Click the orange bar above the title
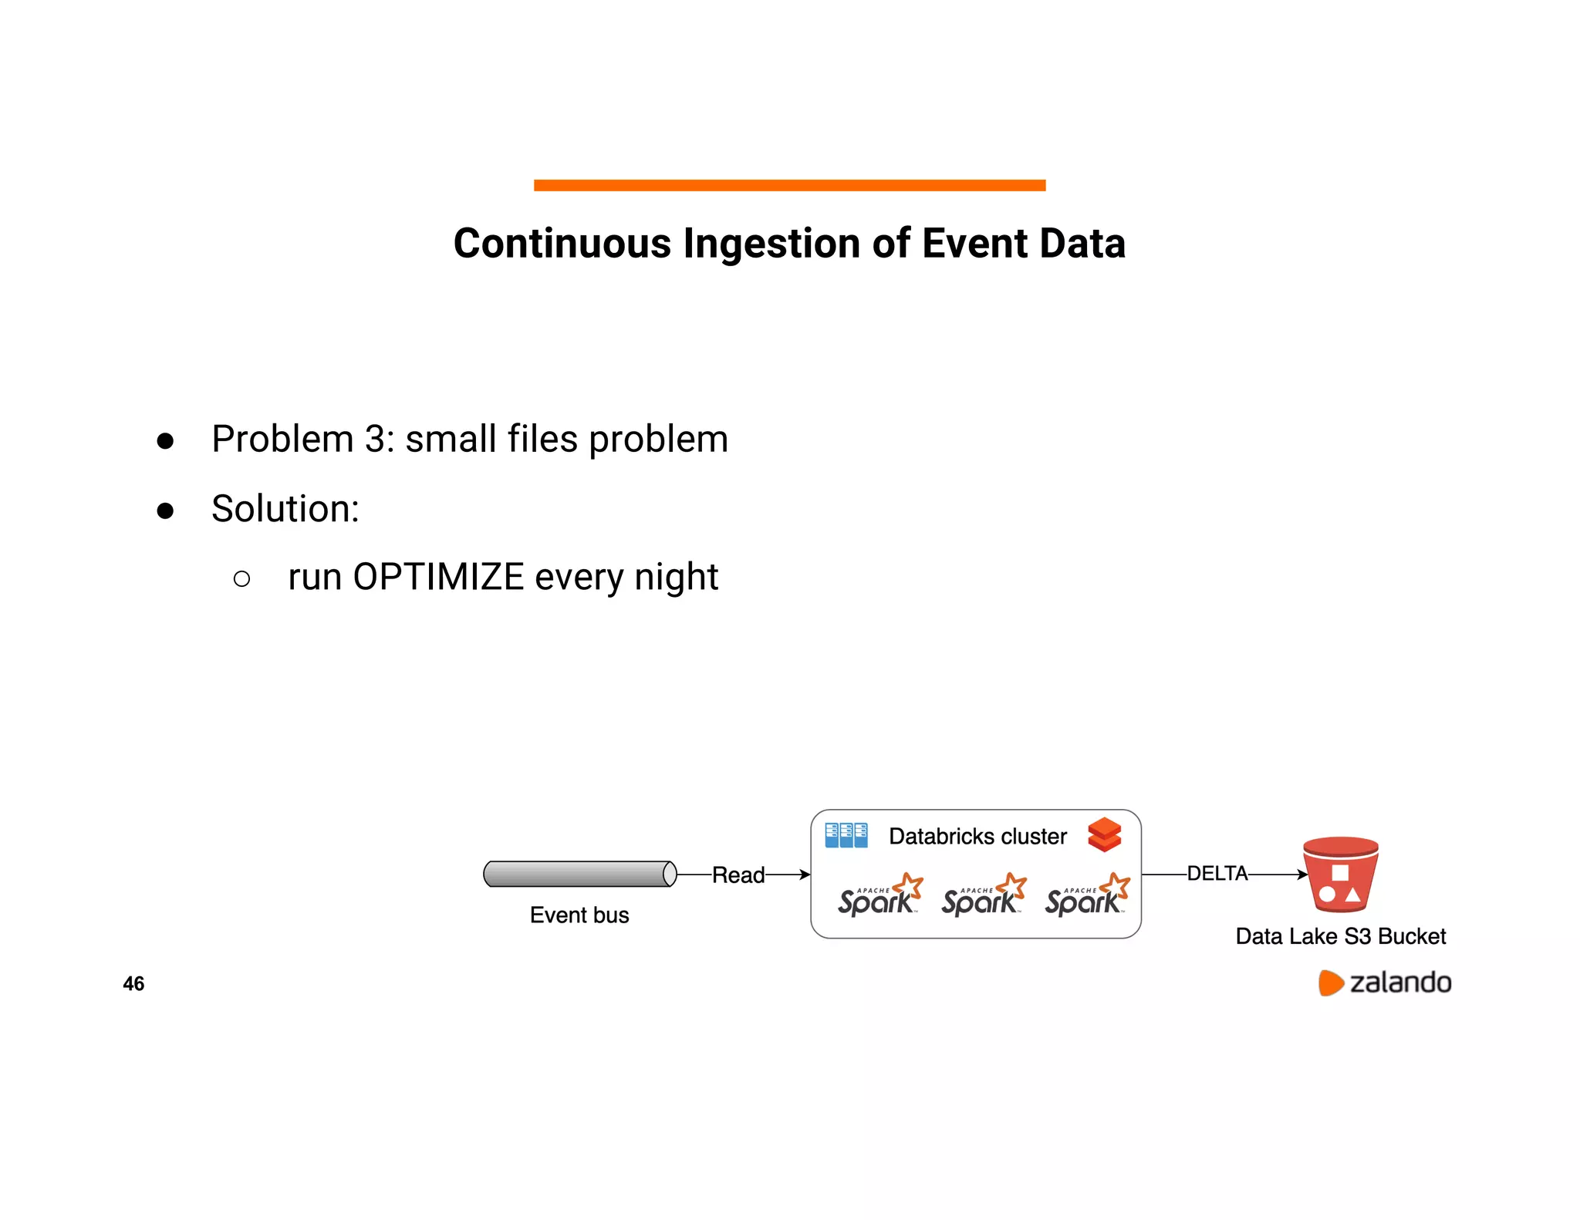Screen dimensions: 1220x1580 pyautogui.click(x=789, y=185)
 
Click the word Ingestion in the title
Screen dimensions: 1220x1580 pyautogui.click(x=772, y=244)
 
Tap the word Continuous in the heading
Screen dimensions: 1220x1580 pyautogui.click(x=562, y=244)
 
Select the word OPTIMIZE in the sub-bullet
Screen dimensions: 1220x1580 pyautogui.click(x=438, y=577)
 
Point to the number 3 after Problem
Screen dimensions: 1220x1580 pyautogui.click(x=376, y=439)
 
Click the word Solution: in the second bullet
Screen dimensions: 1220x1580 pyautogui.click(x=285, y=509)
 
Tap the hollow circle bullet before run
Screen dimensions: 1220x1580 pyautogui.click(x=241, y=579)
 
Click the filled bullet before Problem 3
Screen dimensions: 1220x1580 pyautogui.click(x=165, y=441)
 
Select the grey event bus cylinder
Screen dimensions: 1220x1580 pyautogui.click(x=579, y=874)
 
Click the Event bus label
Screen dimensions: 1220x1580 pyautogui.click(x=579, y=915)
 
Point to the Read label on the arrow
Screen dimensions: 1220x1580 pyautogui.click(x=738, y=875)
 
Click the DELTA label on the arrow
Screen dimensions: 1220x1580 pyautogui.click(x=1217, y=874)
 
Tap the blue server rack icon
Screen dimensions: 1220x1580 pyautogui.click(x=846, y=836)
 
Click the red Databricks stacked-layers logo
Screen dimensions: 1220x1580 pyautogui.click(x=1104, y=835)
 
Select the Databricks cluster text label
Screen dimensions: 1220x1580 pyautogui.click(x=977, y=837)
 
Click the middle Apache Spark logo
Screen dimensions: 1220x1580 pyautogui.click(x=983, y=897)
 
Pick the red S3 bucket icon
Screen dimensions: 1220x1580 pyautogui.click(x=1340, y=875)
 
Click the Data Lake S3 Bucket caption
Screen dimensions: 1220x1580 pyautogui.click(x=1340, y=936)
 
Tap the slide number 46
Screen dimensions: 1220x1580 pyautogui.click(x=133, y=984)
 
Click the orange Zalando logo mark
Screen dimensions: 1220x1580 pyautogui.click(x=1330, y=982)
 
